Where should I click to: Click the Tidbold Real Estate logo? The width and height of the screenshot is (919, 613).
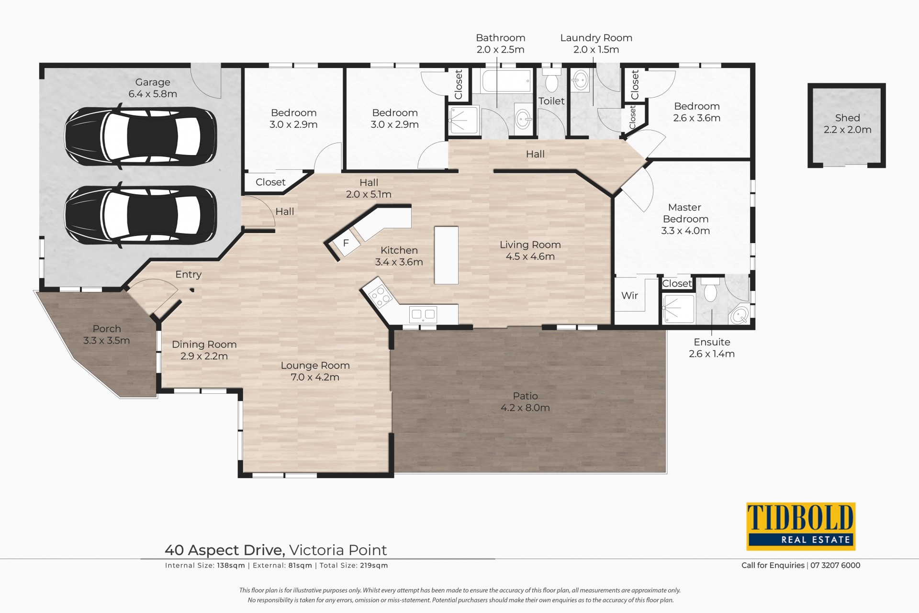coord(801,526)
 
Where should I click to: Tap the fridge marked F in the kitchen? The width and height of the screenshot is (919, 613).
coord(346,243)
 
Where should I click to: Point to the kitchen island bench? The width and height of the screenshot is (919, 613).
coord(446,256)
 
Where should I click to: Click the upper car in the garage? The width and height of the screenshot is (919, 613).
coord(141,136)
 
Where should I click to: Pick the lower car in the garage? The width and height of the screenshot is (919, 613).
coord(141,215)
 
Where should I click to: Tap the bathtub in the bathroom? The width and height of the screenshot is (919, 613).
coord(506,81)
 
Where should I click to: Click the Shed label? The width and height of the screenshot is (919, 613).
coord(848,118)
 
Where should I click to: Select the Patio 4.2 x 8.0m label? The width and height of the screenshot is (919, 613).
coord(525,402)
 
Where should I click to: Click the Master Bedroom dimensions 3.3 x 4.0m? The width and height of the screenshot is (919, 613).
coord(685,231)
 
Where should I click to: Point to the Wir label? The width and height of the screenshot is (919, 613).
coord(629,295)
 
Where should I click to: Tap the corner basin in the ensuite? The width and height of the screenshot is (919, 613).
coord(740,314)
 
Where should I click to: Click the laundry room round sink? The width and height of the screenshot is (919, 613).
coord(581,79)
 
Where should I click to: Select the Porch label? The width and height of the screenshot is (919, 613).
coord(107,329)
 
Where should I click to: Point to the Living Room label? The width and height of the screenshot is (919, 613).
coord(530,245)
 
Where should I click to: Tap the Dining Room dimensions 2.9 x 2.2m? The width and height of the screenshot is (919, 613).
coord(204,356)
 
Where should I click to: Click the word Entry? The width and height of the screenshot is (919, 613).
coord(188,275)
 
